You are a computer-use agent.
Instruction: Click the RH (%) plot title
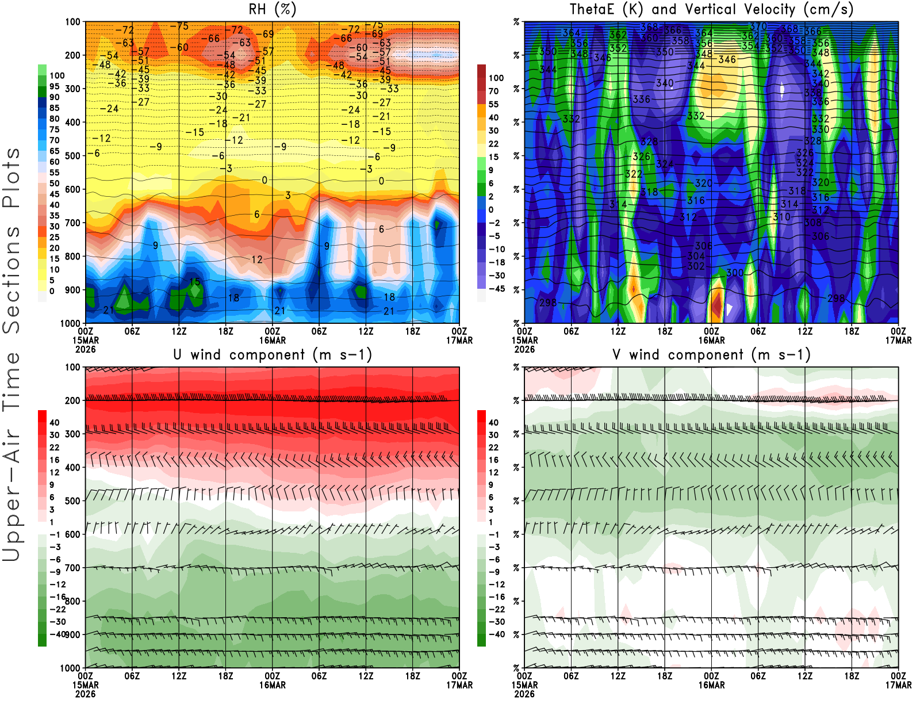pos(272,10)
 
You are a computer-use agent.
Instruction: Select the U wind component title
pos(273,355)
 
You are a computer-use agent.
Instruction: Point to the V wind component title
pos(711,355)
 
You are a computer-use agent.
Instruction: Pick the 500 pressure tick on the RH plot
pos(73,156)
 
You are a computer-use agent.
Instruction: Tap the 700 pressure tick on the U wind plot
pos(73,568)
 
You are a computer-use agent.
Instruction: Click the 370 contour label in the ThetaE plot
pos(758,26)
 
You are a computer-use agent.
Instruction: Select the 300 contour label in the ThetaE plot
pos(734,273)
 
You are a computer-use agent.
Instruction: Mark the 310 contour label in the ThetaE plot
pos(781,217)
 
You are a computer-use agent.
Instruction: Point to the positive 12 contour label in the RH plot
pos(256,259)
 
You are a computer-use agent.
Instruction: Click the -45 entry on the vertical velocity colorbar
pos(497,289)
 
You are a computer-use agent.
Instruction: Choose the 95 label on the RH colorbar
pos(55,86)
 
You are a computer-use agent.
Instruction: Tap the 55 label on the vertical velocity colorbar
pos(493,104)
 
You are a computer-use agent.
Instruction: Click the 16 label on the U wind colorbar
pos(55,460)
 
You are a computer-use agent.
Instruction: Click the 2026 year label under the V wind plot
pos(524,694)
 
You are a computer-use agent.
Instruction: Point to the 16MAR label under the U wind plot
pos(273,686)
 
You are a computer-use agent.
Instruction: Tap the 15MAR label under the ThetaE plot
pos(524,341)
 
